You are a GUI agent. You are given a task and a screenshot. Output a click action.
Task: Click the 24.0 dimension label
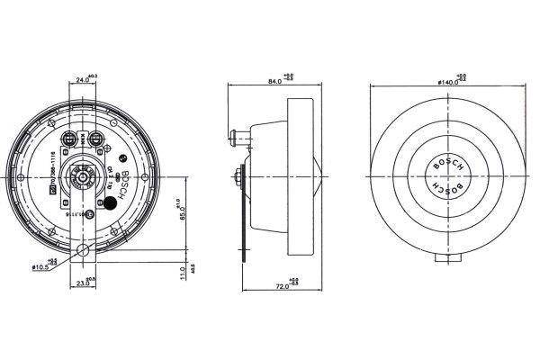tap(81, 79)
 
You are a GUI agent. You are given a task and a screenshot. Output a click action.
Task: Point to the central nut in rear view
tap(84, 178)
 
